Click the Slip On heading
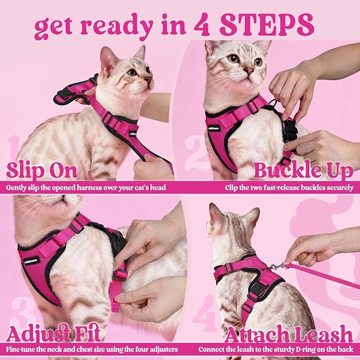42,171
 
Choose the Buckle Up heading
303,171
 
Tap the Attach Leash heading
288,334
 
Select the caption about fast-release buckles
288,188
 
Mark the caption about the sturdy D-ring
276,350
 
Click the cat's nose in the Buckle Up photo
248,71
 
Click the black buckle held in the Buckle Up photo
289,130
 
